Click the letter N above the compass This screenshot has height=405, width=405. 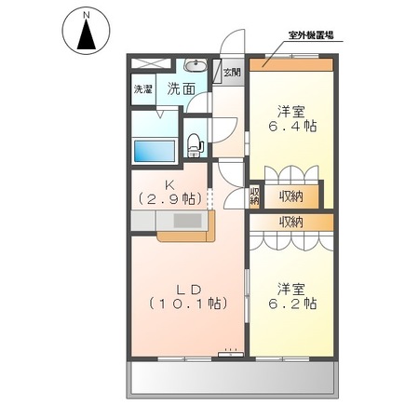(86, 15)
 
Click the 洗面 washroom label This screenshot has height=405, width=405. (181, 89)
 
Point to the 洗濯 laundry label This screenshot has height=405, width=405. (142, 90)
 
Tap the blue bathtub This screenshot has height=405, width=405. (155, 150)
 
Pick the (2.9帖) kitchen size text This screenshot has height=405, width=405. (170, 198)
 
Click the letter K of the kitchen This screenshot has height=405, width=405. (170, 182)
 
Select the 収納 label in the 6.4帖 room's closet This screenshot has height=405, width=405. (290, 196)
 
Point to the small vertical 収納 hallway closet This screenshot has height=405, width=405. (254, 196)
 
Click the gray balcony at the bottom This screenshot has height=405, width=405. (231, 377)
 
